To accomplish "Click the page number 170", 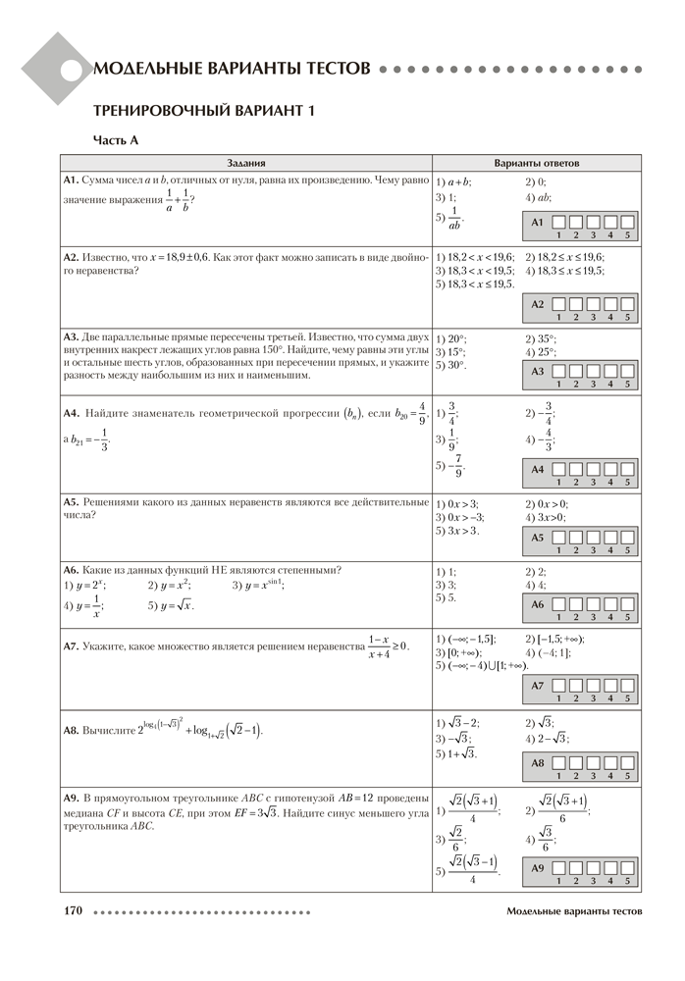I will click(73, 911).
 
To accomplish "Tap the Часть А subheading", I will click(116, 140).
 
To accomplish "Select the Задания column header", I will click(246, 163).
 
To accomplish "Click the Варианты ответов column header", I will click(536, 163).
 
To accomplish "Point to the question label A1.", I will click(71, 181).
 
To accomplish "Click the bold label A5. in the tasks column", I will click(71, 501).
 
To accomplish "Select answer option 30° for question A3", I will click(450, 365).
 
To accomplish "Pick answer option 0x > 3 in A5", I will click(456, 503).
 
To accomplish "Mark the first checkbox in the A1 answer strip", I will click(557, 222).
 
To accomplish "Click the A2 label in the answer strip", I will click(537, 305).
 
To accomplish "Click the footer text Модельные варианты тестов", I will click(575, 911).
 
